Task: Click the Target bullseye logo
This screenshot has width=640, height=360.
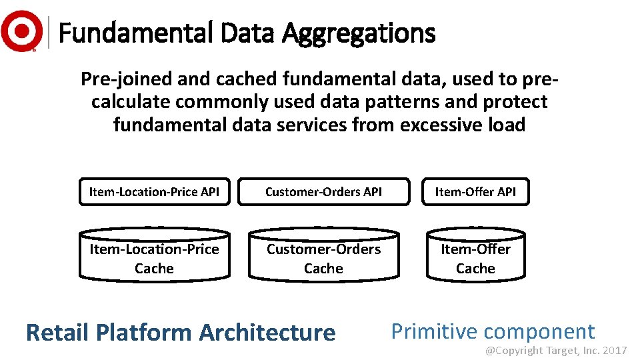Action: point(21,31)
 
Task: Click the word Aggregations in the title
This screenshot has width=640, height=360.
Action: point(359,32)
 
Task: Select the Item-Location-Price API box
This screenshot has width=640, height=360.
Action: point(154,192)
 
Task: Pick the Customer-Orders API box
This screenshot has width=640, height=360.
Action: point(323,192)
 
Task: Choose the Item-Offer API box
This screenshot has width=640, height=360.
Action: point(475,192)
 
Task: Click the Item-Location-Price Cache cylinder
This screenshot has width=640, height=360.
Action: point(154,259)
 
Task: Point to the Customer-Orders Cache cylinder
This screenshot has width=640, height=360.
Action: point(323,259)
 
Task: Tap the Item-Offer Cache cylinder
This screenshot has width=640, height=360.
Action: point(475,259)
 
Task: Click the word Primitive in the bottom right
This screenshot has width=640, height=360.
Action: point(434,331)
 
